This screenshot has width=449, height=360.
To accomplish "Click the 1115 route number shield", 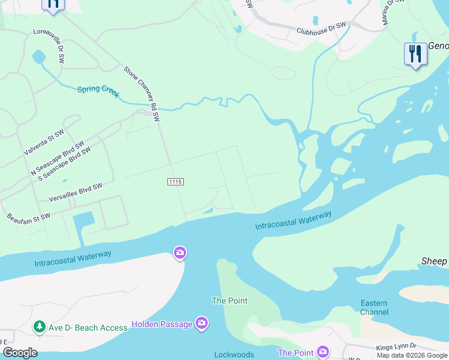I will pyautogui.click(x=175, y=181).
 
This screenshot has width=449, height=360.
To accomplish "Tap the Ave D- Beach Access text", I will pyautogui.click(x=88, y=328).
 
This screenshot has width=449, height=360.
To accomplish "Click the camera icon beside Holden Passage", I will pyautogui.click(x=202, y=323).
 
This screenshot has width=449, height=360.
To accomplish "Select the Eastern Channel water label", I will pyautogui.click(x=374, y=308).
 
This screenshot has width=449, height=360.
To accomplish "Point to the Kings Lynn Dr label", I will pyautogui.click(x=396, y=347).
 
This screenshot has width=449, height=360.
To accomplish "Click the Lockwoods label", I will pyautogui.click(x=234, y=355).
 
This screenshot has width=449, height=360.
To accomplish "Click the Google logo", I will pyautogui.click(x=20, y=353).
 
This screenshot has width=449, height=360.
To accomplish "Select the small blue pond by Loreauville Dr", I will pyautogui.click(x=38, y=58).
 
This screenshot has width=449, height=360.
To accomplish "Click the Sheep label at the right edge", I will pyautogui.click(x=434, y=261).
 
